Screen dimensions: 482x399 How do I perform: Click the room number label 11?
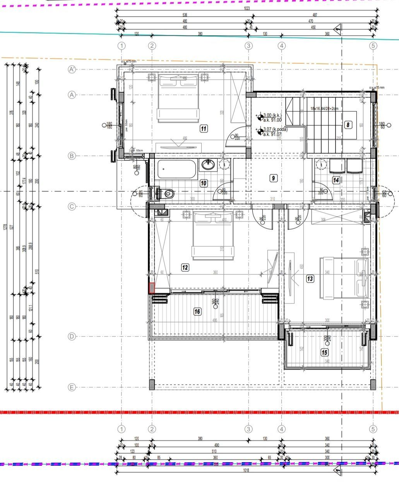(x=204, y=129)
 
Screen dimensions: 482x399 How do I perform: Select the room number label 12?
(x=185, y=267)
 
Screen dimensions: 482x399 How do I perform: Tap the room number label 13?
(x=310, y=278)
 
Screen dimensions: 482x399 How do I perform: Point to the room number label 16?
(x=197, y=312)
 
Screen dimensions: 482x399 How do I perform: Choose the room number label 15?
(x=324, y=352)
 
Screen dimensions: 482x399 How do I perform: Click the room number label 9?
(x=273, y=178)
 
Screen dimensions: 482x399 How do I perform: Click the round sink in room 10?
(x=208, y=165)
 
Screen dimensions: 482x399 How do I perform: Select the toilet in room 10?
(x=166, y=192)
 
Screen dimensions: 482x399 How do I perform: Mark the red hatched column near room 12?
(x=152, y=288)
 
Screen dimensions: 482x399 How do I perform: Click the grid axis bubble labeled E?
(x=71, y=387)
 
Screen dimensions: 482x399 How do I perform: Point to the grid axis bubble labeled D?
(x=71, y=336)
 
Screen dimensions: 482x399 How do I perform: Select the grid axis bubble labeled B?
(x=71, y=156)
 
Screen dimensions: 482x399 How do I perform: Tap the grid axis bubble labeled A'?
(x=72, y=70)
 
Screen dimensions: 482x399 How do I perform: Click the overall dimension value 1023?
(x=247, y=8)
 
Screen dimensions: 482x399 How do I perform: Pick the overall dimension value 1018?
(x=246, y=470)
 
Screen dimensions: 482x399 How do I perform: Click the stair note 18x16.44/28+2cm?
(x=325, y=109)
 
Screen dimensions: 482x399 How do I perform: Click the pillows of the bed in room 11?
(x=178, y=80)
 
